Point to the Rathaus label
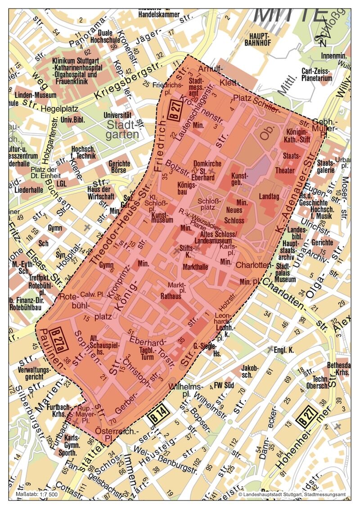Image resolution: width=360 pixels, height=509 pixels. click(x=171, y=297)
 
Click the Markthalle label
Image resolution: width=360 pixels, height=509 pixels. click(x=195, y=267)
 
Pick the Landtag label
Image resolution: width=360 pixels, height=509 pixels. click(x=269, y=196)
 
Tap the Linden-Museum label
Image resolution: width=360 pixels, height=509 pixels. click(x=36, y=95)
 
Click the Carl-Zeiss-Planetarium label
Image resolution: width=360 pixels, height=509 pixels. click(x=317, y=75)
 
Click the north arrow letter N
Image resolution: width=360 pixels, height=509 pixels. click(x=323, y=44)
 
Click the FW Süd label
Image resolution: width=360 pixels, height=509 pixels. click(x=224, y=385)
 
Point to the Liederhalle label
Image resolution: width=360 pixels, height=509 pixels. click(x=29, y=190)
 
